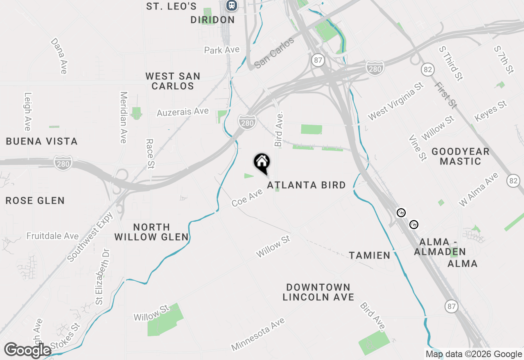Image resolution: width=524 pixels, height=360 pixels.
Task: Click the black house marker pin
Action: tap(262, 163)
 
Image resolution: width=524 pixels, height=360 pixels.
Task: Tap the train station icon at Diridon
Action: tap(232, 5)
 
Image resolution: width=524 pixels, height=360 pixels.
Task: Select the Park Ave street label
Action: tap(221, 50)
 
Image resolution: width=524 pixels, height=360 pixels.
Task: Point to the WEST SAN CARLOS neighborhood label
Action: tap(173, 81)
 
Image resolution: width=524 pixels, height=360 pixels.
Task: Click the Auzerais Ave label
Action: tap(183, 112)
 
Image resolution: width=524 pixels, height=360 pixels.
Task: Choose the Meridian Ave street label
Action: tap(123, 117)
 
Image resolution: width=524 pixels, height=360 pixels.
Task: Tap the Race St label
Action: tap(150, 153)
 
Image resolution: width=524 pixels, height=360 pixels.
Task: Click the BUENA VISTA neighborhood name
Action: tap(42, 142)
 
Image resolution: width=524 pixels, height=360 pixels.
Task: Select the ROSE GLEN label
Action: tap(35, 201)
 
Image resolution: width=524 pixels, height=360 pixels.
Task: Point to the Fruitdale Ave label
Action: tap(52, 236)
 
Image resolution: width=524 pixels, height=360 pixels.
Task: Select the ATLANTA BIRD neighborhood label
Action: tap(307, 185)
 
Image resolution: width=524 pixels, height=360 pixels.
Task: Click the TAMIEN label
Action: tap(370, 256)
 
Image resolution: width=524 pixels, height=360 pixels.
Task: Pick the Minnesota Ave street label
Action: tap(258, 334)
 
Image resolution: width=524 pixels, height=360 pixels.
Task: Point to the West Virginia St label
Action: tap(395, 101)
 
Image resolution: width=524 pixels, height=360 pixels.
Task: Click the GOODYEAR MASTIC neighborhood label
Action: tap(461, 156)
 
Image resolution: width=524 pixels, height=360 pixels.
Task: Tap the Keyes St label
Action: tap(491, 111)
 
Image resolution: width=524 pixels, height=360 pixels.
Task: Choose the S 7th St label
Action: tap(504, 60)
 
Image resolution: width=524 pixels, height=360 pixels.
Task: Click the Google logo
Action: tap(28, 351)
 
